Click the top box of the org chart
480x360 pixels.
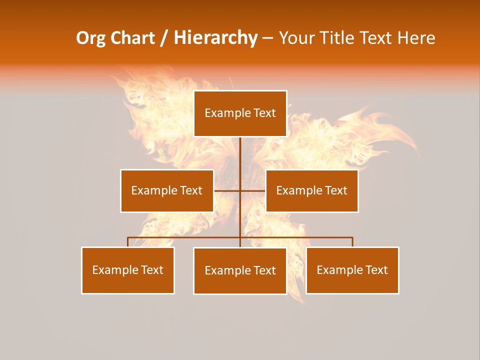[x=240, y=113]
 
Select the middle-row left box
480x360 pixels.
[x=167, y=191]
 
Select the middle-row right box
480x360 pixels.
[x=312, y=191]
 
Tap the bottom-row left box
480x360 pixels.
[x=128, y=270]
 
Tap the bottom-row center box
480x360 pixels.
[x=240, y=271]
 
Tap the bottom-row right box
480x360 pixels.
[x=352, y=270]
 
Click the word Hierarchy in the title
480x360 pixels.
[x=215, y=38]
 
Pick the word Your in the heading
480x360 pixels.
[x=295, y=38]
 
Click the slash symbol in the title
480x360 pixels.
[x=164, y=38]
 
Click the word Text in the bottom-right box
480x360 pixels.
[x=376, y=270]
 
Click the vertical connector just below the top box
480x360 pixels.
[x=240, y=150]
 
